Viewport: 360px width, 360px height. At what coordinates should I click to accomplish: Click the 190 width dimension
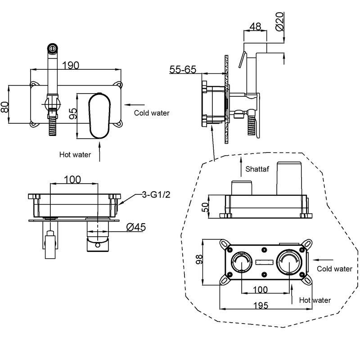[71, 65]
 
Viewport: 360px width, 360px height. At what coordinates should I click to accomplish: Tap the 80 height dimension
[5, 107]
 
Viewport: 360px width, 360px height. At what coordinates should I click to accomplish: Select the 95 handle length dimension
[73, 114]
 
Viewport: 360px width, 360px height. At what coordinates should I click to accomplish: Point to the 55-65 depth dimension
[183, 69]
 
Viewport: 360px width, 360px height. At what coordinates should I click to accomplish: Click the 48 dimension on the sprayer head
[255, 27]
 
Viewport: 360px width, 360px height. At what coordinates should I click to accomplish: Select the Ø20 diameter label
[280, 21]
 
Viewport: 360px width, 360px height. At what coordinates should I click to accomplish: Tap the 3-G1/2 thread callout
[156, 195]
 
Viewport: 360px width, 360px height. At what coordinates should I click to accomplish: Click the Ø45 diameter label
[136, 227]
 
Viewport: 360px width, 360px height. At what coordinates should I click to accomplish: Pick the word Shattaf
[257, 169]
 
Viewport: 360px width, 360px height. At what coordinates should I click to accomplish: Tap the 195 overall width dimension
[261, 306]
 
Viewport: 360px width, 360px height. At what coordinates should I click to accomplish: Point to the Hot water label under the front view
[75, 154]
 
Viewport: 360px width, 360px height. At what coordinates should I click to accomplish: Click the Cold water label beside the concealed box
[334, 269]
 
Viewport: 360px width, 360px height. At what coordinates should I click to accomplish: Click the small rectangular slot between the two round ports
[264, 262]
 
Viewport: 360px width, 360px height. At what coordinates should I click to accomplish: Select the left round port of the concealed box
[242, 262]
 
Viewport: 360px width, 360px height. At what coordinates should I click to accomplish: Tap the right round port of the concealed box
[289, 262]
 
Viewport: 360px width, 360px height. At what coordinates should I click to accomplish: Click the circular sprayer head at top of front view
[52, 48]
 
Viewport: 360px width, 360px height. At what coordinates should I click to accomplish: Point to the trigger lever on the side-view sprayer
[243, 59]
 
